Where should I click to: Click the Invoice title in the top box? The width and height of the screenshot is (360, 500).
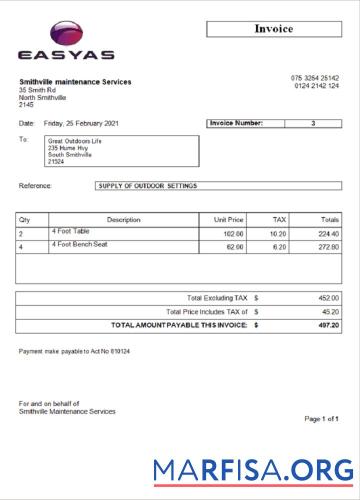(273, 29)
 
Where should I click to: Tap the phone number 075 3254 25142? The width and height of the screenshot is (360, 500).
(314, 78)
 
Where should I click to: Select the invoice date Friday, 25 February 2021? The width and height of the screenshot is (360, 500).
(81, 123)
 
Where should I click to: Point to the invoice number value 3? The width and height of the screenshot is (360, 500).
(313, 123)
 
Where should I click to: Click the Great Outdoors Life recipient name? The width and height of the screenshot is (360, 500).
(74, 141)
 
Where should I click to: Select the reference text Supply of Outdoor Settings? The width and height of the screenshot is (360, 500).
(148, 186)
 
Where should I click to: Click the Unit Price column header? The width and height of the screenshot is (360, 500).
(228, 219)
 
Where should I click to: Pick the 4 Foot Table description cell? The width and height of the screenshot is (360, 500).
(70, 231)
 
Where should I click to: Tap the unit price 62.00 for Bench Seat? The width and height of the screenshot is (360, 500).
(235, 247)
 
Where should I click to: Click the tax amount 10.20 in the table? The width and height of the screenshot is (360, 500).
(277, 233)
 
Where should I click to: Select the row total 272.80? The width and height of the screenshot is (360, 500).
(328, 247)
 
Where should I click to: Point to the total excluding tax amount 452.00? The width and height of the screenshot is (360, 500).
(328, 298)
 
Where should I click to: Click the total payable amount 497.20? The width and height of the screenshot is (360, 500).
(328, 325)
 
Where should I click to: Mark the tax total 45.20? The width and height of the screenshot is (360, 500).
(330, 312)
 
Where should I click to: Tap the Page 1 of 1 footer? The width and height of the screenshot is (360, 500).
(321, 419)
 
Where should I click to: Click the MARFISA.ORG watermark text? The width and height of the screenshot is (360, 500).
(253, 470)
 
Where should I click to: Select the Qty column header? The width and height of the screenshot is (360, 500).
(24, 219)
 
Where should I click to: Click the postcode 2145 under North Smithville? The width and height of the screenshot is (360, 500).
(26, 105)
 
